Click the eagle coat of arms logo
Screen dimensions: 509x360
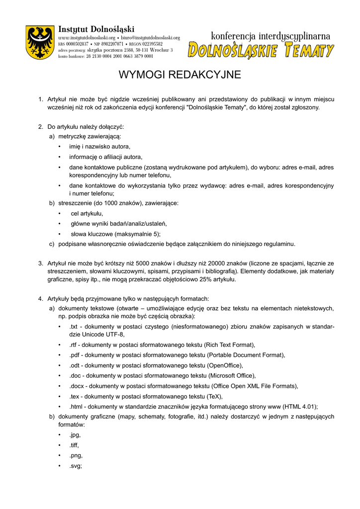[x=40, y=43]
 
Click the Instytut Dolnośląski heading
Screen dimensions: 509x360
[x=96, y=29]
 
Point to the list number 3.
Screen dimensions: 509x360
[x=40, y=263]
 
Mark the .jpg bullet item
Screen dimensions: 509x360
[x=75, y=435]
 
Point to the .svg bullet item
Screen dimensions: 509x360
[x=76, y=466]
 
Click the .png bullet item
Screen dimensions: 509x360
[x=76, y=455]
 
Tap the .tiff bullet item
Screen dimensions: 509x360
[x=74, y=445]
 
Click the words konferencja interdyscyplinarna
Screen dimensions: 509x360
[x=270, y=36]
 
